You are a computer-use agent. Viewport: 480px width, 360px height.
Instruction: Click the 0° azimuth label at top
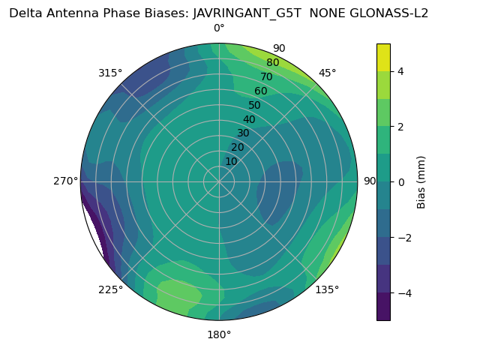(x=219, y=28)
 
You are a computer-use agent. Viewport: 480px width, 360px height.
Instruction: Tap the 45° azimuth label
(x=327, y=73)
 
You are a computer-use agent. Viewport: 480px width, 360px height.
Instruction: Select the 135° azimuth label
(x=327, y=289)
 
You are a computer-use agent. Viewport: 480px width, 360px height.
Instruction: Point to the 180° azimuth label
(x=219, y=334)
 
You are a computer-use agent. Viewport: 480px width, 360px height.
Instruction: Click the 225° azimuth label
(x=110, y=289)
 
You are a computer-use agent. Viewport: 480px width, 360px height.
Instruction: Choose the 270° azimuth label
(x=66, y=181)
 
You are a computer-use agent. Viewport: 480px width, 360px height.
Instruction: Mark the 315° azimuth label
(x=110, y=73)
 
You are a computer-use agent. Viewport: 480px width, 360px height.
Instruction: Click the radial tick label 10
(x=231, y=161)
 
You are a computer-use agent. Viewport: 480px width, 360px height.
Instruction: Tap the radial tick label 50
(x=254, y=105)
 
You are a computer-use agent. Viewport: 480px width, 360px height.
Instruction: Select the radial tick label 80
(x=272, y=63)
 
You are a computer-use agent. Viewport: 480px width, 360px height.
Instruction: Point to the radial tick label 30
(x=243, y=133)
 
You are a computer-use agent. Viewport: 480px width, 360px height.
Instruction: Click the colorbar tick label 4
(x=400, y=71)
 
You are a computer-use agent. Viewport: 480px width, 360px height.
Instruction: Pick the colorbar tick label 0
(x=400, y=182)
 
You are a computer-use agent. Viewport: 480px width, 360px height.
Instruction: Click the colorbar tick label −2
(x=403, y=238)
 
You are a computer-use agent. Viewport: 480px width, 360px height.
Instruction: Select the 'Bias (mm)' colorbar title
(x=421, y=182)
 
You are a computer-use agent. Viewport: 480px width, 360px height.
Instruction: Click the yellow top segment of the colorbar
(x=383, y=57)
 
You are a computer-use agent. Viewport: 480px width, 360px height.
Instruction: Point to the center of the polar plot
(x=219, y=181)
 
